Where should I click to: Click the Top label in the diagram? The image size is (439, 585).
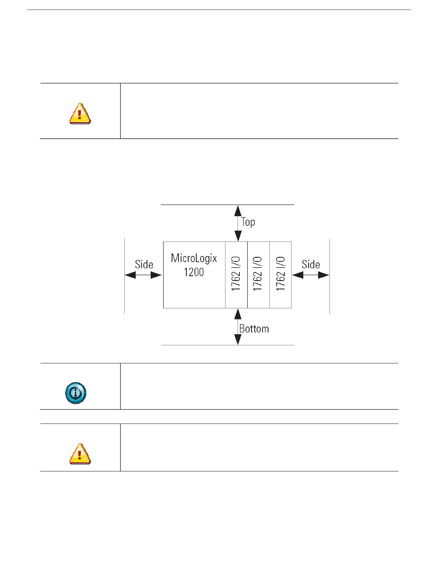tap(248, 222)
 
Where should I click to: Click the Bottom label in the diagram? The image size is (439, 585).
tap(254, 329)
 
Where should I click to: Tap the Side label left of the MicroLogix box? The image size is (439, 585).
tap(144, 265)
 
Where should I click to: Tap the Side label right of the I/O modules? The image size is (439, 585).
tap(311, 265)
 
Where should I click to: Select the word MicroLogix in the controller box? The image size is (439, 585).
tap(194, 258)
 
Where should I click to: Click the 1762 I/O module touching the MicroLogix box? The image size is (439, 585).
tap(236, 274)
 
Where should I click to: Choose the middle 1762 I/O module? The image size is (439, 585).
tap(258, 274)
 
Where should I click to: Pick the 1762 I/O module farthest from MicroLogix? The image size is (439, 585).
tap(280, 274)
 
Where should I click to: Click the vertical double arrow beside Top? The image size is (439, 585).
tap(238, 223)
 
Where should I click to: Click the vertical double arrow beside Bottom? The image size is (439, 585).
tap(238, 327)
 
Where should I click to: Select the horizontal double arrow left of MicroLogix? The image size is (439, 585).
tap(143, 275)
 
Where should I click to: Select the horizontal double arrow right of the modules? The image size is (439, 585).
tap(311, 275)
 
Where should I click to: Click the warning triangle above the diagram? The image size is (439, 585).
tap(80, 114)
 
